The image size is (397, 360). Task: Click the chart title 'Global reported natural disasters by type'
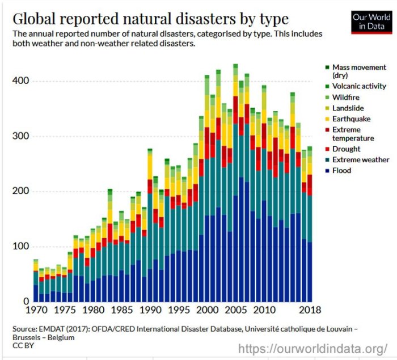150,19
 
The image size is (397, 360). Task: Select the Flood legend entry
341,171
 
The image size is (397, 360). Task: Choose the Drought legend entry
346,149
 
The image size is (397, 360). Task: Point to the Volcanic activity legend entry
359,86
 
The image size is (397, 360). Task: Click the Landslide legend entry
348,108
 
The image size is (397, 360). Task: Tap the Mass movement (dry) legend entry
359,71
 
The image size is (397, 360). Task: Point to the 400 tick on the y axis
19,81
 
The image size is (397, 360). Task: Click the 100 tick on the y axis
19,246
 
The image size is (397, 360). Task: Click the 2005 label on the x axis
235,311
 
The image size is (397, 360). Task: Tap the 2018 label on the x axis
309,311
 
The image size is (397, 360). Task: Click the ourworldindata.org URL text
314,348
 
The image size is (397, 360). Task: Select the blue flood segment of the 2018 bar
310,272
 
